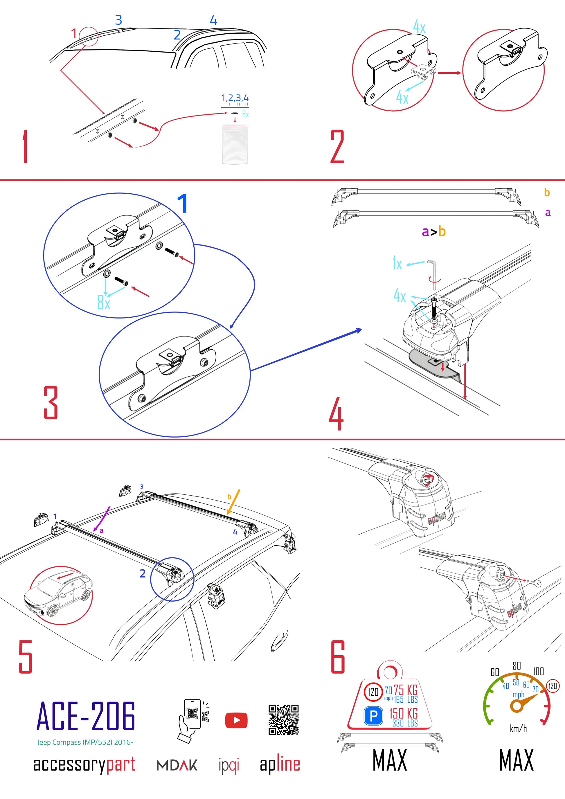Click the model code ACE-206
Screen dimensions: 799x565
86,716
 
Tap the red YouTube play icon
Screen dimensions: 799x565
236,720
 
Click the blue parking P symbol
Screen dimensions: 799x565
373,716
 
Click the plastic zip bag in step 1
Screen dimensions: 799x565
235,144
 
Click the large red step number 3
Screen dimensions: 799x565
51,403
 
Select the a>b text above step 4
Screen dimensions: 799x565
433,231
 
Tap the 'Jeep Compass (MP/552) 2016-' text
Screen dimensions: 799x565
85,742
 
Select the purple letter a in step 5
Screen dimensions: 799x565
101,531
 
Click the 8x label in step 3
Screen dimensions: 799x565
104,302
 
